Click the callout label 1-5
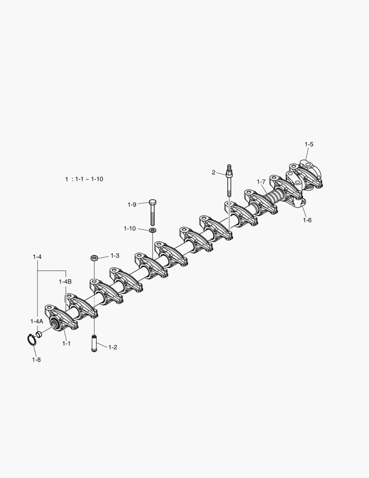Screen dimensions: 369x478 tap(309, 144)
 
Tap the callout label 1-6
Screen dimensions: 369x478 tap(307, 220)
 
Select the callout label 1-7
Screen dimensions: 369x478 tap(261, 182)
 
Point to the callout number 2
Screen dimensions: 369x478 tap(214, 173)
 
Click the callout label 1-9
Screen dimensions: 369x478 tap(132, 204)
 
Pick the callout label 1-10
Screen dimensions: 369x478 tap(130, 228)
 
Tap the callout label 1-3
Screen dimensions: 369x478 tap(115, 255)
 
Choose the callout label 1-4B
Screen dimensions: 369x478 tap(65, 281)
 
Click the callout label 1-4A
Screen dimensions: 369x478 tap(37, 321)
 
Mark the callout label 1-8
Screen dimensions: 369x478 tap(36, 360)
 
